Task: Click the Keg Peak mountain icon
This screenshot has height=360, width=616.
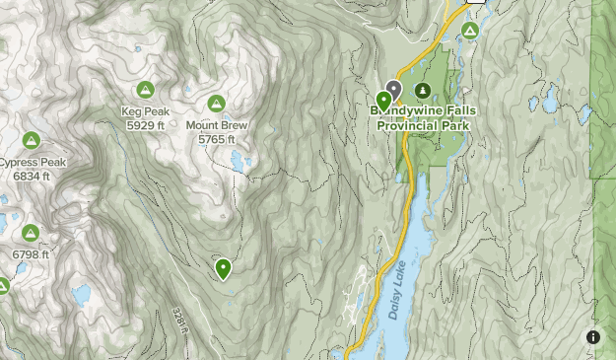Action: point(146,90)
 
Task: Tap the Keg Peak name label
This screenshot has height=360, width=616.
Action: point(146,111)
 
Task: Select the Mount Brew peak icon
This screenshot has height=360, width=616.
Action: point(217,103)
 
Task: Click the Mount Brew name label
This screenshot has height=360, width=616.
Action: point(217,125)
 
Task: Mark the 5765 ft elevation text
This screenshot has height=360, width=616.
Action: point(217,139)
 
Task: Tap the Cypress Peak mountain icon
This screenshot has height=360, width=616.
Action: point(32,140)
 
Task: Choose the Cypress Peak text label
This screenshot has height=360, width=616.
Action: point(34,162)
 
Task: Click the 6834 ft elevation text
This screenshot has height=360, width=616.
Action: point(32,176)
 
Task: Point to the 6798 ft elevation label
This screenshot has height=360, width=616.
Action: point(31,254)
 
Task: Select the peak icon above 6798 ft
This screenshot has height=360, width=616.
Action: point(31,233)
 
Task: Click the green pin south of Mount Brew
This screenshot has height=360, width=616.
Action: point(224,267)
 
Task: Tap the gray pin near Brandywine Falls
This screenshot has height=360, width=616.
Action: point(394,90)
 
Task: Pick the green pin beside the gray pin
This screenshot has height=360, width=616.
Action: point(383,101)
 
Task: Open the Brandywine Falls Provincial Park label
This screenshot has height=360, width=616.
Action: point(409,118)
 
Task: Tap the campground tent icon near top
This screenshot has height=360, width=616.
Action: point(470,32)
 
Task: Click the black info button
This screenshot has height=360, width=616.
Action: point(593,337)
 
